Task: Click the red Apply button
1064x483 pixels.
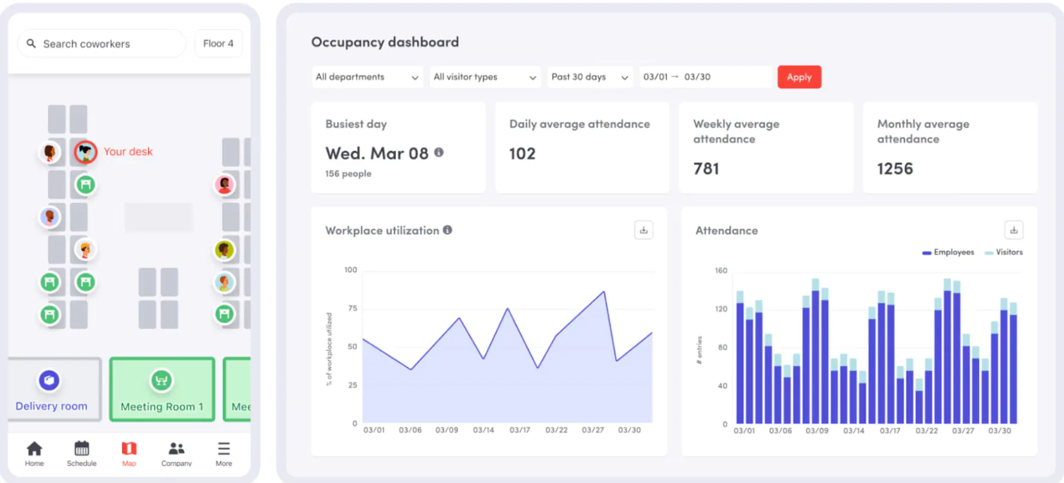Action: (x=799, y=77)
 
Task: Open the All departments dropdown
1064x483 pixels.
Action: (x=367, y=77)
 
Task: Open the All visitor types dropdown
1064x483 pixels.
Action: (x=485, y=77)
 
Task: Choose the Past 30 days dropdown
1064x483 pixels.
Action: (x=590, y=77)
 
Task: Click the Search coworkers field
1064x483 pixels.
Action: (x=102, y=44)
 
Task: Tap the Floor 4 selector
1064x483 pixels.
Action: (x=218, y=43)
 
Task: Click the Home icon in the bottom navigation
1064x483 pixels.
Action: (x=34, y=449)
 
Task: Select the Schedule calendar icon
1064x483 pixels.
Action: (x=82, y=449)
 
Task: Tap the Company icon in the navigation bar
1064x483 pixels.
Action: (x=176, y=449)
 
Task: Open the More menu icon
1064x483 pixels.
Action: (x=224, y=449)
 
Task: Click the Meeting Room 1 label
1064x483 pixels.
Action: (x=162, y=407)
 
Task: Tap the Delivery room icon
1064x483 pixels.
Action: (x=49, y=380)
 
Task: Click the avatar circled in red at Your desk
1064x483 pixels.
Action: (x=85, y=152)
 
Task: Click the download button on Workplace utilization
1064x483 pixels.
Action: (x=644, y=230)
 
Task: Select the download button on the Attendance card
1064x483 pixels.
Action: (x=1014, y=230)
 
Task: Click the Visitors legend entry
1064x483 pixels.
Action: (x=1004, y=252)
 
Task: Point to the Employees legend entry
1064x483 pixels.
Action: (x=948, y=252)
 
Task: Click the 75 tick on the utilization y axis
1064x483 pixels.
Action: (x=353, y=308)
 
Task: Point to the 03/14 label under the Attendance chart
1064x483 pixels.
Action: (x=853, y=431)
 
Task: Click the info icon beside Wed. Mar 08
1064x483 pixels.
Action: (x=439, y=152)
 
